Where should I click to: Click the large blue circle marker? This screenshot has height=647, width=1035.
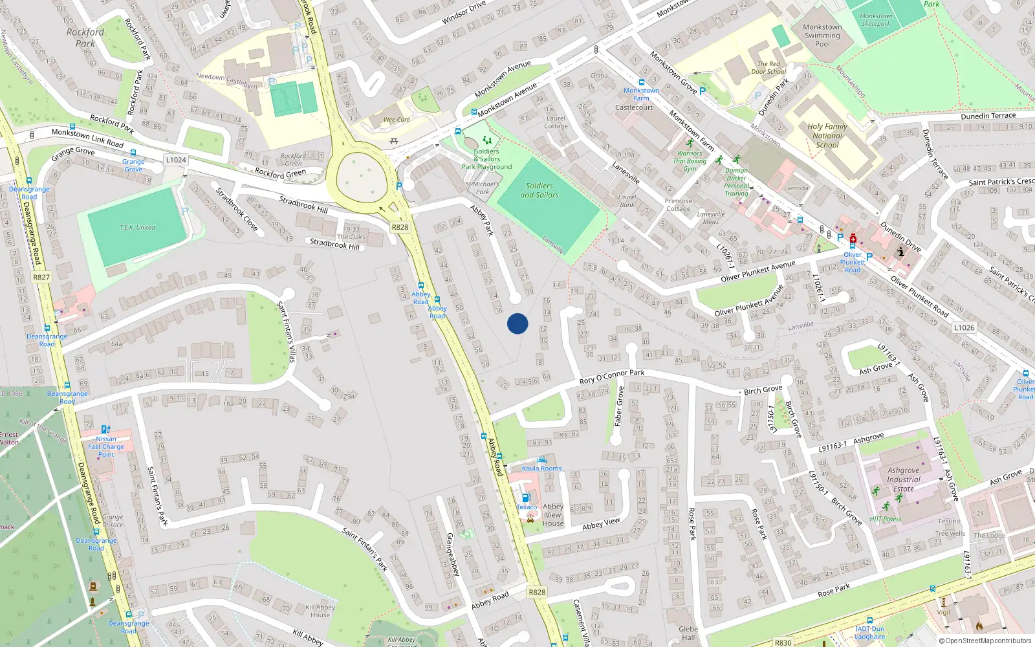(x=517, y=323)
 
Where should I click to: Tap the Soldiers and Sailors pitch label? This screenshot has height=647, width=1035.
(x=539, y=190)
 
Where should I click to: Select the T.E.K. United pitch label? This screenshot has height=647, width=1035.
(x=137, y=227)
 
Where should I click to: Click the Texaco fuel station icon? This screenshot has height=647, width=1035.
(x=526, y=498)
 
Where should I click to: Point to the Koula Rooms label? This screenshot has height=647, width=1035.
(x=542, y=468)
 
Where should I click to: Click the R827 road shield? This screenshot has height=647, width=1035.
(x=41, y=277)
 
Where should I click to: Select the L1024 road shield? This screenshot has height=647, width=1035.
(x=176, y=160)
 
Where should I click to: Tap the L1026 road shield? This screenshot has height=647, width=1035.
(x=964, y=327)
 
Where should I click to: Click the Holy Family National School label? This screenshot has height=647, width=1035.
(x=827, y=136)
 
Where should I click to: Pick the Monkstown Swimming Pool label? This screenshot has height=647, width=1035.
(x=822, y=36)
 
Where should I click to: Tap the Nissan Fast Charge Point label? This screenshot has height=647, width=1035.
(x=106, y=446)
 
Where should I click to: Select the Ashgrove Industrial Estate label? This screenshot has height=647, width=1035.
(x=903, y=479)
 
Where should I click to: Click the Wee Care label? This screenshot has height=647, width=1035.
(x=397, y=120)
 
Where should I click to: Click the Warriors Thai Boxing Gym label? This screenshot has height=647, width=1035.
(x=690, y=161)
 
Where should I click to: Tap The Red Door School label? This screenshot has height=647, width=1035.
(x=768, y=68)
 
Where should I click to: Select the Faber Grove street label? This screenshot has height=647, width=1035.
(x=620, y=406)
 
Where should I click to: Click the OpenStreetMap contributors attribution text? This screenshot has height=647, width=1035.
(x=985, y=641)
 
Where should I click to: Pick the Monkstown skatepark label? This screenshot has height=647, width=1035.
(x=876, y=20)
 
